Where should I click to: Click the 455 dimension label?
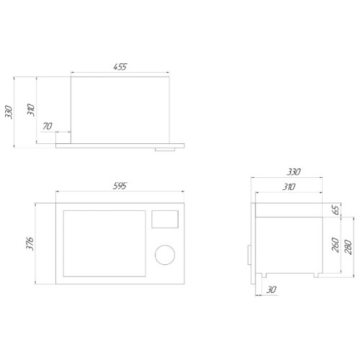pyautogui.click(x=120, y=66)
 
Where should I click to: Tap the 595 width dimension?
pyautogui.click(x=120, y=186)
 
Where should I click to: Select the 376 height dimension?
pyautogui.click(x=30, y=243)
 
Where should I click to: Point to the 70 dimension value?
pyautogui.click(x=48, y=126)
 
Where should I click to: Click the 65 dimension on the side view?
pyautogui.click(x=336, y=210)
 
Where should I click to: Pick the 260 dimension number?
pyautogui.click(x=336, y=245)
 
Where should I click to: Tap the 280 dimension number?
pyautogui.click(x=348, y=247)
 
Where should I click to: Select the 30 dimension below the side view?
pyautogui.click(x=271, y=289)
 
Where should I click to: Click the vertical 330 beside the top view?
pyautogui.click(x=9, y=112)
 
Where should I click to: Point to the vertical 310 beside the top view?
pyautogui.click(x=31, y=110)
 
